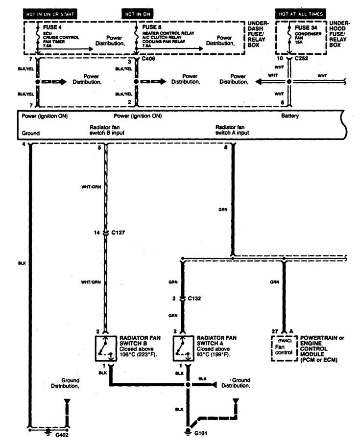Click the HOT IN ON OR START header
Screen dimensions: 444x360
point(50,14)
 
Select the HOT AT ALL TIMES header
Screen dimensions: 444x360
point(301,14)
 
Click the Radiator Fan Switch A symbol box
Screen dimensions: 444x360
point(182,349)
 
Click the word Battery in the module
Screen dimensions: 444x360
point(290,116)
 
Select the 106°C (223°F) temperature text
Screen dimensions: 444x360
point(138,354)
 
